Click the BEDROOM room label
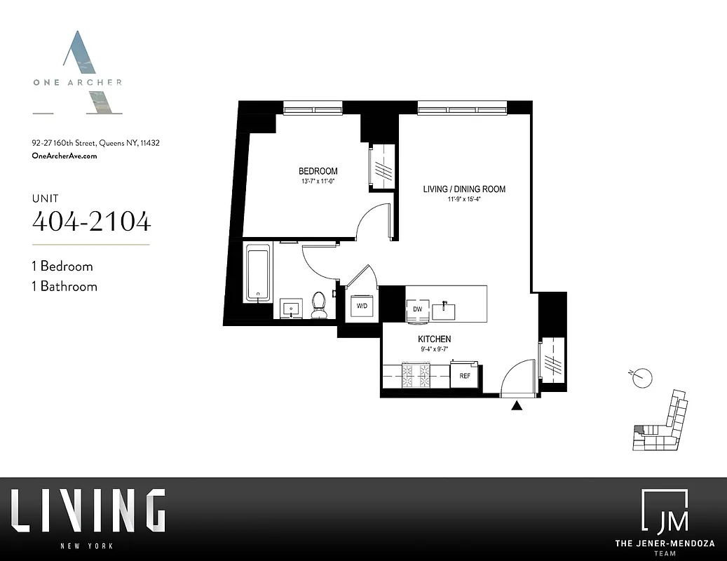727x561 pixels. point(318,171)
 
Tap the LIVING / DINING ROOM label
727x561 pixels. point(464,189)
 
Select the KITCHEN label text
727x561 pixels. point(435,339)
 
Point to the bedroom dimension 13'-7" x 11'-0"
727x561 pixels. point(318,182)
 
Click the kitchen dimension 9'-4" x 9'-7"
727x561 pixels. point(435,349)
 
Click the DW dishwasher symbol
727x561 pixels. point(417,309)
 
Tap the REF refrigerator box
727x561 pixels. point(464,376)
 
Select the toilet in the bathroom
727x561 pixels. point(319,304)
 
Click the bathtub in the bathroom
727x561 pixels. point(258,273)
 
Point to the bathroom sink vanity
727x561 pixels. point(292,308)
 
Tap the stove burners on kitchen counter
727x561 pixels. point(416,376)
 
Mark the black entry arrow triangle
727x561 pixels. point(517,405)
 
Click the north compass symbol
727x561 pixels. point(641,378)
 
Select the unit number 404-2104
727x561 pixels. point(91,222)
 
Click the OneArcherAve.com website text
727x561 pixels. point(64,156)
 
